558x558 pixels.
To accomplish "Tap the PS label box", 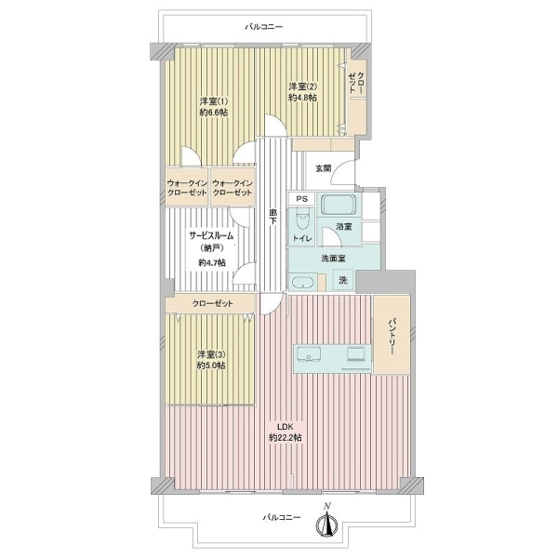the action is click(301, 199).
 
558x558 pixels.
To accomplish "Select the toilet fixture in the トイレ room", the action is click(303, 219).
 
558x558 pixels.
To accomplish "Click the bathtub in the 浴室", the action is click(339, 205).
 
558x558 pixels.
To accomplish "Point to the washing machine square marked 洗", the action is click(343, 280).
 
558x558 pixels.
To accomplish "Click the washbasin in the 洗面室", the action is click(303, 283).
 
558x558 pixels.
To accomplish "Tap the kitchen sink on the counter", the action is click(308, 354).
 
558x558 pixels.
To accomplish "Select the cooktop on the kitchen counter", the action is click(355, 353).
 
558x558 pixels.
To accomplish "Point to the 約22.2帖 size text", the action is click(286, 437).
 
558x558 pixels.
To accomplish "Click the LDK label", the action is click(286, 427).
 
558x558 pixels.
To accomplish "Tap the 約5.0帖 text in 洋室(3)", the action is click(211, 365).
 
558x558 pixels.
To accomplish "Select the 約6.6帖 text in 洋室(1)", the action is click(214, 113).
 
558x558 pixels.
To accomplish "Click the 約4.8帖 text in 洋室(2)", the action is click(303, 97).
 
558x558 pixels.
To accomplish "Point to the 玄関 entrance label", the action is click(324, 168).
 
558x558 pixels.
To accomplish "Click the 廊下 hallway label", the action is click(272, 217).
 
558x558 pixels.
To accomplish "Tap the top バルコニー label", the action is click(264, 27).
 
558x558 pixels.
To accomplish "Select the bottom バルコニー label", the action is click(282, 517).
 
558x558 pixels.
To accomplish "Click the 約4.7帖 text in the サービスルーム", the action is click(212, 263).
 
